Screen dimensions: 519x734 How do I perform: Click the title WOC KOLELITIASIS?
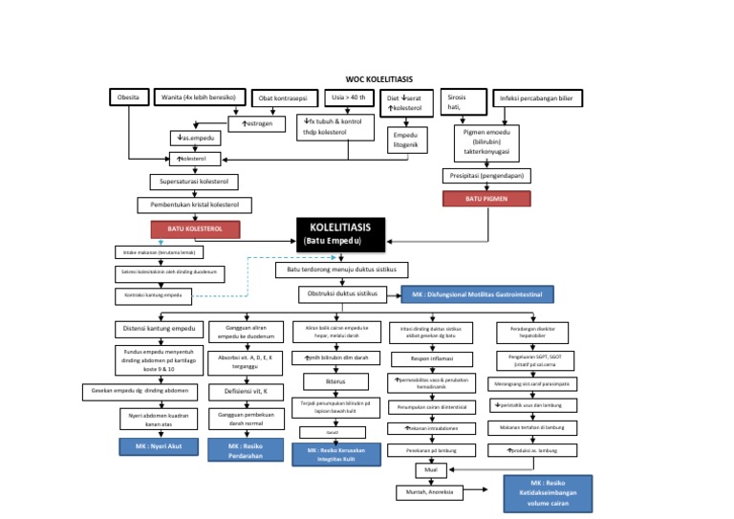click(x=379, y=79)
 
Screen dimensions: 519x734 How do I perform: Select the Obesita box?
click(x=128, y=98)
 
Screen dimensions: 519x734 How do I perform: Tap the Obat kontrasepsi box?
click(x=287, y=98)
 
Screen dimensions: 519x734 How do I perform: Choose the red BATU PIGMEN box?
click(x=486, y=199)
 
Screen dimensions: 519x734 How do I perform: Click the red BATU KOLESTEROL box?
click(x=194, y=229)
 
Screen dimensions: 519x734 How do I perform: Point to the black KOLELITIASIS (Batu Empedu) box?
click(x=340, y=234)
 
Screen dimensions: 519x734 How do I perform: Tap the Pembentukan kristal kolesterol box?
click(x=194, y=205)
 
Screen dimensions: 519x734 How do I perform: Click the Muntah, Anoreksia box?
click(x=429, y=492)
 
